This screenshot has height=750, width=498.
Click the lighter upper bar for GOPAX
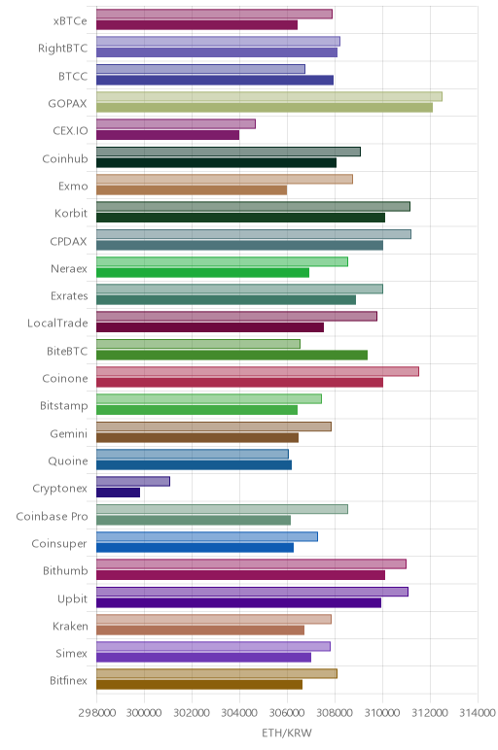pos(269,96)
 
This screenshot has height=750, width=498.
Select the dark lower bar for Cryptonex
pos(119,493)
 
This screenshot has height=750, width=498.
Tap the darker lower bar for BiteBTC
pos(231,355)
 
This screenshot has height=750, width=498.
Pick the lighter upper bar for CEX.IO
pos(176,124)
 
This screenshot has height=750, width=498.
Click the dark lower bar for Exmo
pos(192,189)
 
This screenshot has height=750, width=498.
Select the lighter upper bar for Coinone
pos(258,371)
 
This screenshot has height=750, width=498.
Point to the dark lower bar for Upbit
pos(239,602)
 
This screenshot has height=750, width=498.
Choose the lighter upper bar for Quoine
pos(193,454)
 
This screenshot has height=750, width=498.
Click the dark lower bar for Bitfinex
pos(199,685)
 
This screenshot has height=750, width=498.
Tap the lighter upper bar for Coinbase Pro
pos(222,509)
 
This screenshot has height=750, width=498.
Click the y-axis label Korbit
pos(71,214)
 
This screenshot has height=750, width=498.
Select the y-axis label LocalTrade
pos(57,324)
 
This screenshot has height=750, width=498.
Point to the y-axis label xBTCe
pos(70,21)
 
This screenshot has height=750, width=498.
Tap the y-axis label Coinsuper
pos(59,544)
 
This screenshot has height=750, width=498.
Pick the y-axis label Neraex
pos(69,269)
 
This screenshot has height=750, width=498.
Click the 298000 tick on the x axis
pos(96,713)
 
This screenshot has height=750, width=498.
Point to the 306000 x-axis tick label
pos(287,713)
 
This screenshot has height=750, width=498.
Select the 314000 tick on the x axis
pos(477,713)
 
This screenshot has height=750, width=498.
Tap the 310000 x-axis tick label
pos(382,713)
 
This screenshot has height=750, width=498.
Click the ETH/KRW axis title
pos(287,733)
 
